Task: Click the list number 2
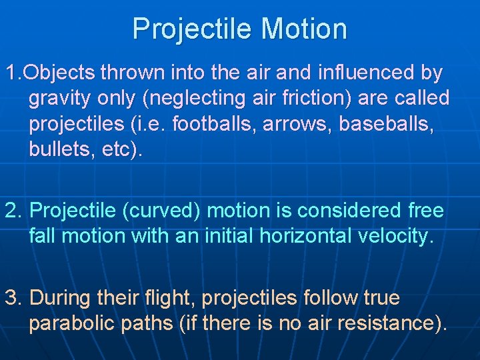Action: (13, 211)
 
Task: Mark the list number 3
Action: (13, 298)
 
